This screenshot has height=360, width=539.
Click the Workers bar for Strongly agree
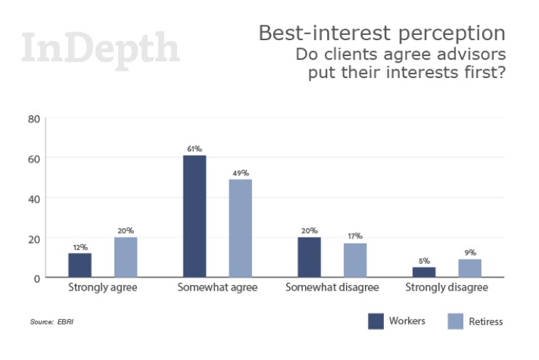point(80,265)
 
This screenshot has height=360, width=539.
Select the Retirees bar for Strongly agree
point(126,257)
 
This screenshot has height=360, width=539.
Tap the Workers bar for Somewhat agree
point(194,216)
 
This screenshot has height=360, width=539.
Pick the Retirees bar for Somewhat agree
point(240,228)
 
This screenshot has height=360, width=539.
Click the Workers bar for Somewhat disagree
point(309,257)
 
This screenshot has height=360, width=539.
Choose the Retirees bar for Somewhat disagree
point(355,260)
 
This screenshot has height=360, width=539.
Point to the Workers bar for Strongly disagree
point(424,272)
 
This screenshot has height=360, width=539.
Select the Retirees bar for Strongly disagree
point(470,268)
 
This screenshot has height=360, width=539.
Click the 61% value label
point(194,149)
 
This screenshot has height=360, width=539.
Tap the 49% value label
point(241,173)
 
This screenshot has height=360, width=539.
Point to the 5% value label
point(424,260)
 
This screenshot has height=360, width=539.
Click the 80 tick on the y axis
point(33,118)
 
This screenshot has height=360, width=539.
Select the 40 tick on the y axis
point(33,197)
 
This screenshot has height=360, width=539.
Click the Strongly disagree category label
point(446,288)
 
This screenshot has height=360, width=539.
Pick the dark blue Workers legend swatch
point(376,321)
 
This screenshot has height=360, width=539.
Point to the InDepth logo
point(101,49)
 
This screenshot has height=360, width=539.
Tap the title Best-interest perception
point(382,33)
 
